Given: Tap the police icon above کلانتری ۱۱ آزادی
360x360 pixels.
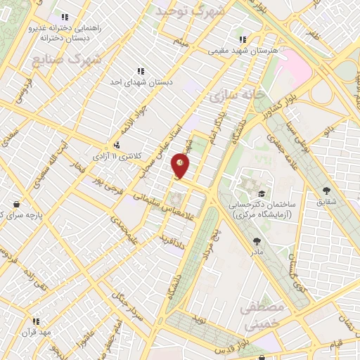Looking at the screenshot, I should pyautogui.click(x=116, y=146).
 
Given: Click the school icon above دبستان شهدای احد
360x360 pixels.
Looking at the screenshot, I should pyautogui.click(x=141, y=71).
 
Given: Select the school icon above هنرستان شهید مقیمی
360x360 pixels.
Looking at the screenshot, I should pyautogui.click(x=243, y=40).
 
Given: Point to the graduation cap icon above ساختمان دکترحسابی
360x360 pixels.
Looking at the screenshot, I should pyautogui.click(x=261, y=193).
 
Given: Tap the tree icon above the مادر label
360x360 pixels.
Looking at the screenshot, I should pyautogui.click(x=256, y=240).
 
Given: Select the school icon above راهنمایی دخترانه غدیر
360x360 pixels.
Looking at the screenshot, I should pyautogui.click(x=65, y=17).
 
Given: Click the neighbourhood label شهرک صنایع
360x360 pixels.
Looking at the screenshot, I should pyautogui.click(x=67, y=60).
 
